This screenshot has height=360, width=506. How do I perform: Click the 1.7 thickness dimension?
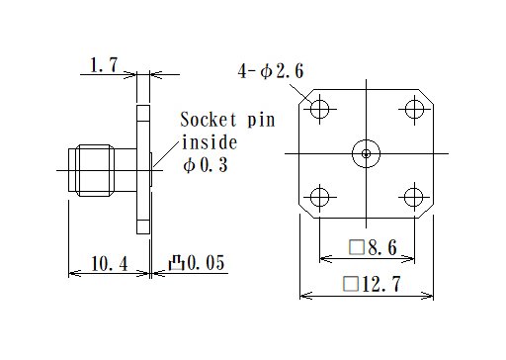[x=104, y=66]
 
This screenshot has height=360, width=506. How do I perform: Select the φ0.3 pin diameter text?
[x=207, y=166]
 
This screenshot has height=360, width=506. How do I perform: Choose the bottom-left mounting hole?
[x=319, y=196]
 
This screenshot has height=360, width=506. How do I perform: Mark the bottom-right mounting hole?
[x=412, y=196]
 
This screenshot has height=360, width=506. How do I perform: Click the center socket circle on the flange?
[x=366, y=153]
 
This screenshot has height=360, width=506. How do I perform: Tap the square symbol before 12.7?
[x=349, y=286]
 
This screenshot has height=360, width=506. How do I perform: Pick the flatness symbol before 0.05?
[x=177, y=263]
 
